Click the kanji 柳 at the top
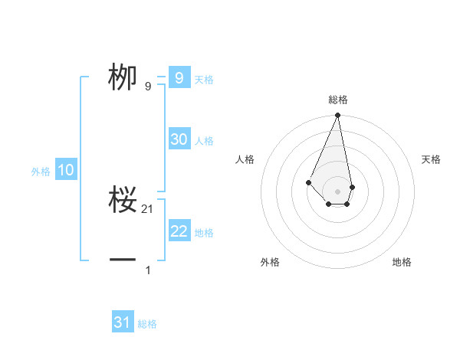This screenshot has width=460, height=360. pos(123,77)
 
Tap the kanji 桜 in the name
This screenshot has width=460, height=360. pos(123,201)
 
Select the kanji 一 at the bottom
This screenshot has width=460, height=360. pos(123,260)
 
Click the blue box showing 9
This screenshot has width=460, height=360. pos(179,77)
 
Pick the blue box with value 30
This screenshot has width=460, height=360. pos(179,139)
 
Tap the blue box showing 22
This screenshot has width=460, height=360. pos(179,231)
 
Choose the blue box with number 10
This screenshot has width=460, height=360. pos(66,170)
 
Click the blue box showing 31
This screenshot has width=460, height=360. pos(123,322)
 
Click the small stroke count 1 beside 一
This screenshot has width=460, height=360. pos(148,270)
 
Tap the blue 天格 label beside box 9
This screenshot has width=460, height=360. pos(204,80)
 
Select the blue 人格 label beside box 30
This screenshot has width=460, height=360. pos(204,141)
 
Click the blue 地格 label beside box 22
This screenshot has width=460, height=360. pos(204,233)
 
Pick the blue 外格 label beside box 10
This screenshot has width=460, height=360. pos(41,172)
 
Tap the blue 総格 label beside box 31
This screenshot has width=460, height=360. pos(147,324)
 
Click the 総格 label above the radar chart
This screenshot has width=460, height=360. pos(337,100)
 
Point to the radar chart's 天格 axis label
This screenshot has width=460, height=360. pos(432,159)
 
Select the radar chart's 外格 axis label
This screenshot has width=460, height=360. pos(270,262)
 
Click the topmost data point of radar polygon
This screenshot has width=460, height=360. pos(337,116)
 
